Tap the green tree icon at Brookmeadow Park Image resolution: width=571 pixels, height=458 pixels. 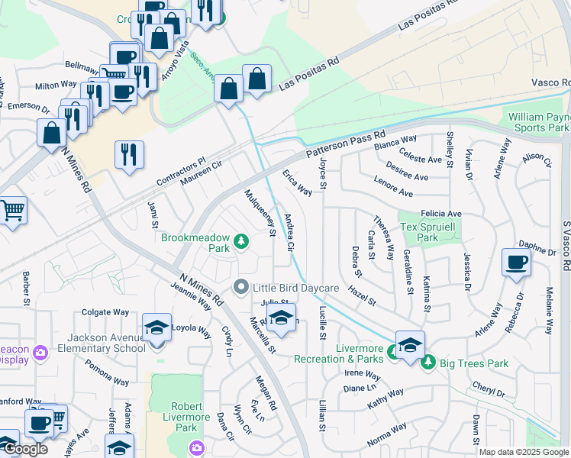[241, 242]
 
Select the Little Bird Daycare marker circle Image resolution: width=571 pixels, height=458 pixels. [241, 287]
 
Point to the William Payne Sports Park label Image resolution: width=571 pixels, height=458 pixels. [539, 122]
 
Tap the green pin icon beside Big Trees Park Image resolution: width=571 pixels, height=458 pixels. [427, 363]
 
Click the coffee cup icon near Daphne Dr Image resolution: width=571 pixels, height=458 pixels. [516, 263]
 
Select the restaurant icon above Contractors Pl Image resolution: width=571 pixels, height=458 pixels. [129, 155]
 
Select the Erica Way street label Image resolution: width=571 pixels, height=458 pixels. [298, 182]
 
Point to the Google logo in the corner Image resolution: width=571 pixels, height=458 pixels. [24, 448]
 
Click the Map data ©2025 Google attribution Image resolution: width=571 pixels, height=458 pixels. [524, 452]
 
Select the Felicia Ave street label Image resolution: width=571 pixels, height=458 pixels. [440, 214]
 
